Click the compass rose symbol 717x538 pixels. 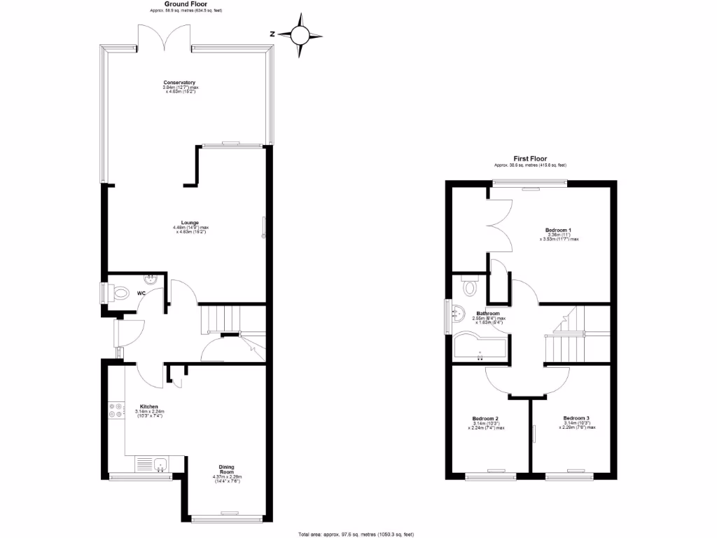302,34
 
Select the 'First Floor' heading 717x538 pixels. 530,159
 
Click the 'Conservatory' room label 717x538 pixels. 179,83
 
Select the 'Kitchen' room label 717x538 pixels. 149,406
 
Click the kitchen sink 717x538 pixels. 160,464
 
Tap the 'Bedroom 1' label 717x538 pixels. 559,230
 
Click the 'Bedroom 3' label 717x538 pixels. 576,418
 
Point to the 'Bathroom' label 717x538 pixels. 488,313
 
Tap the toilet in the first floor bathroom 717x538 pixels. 468,286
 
